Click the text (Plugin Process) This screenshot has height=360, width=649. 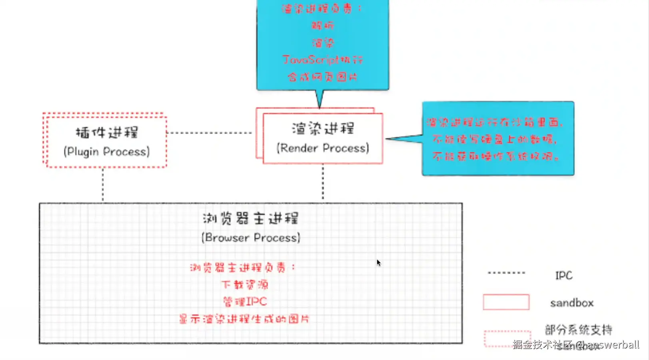click(x=106, y=152)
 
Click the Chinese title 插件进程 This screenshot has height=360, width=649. click(x=107, y=132)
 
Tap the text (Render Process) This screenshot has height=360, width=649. click(x=323, y=148)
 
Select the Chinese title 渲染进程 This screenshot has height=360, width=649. click(x=323, y=128)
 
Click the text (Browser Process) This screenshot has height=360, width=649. click(x=251, y=238)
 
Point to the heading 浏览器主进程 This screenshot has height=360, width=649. click(x=251, y=218)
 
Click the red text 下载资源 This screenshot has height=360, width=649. click(x=245, y=284)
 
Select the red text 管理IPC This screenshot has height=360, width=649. click(x=245, y=301)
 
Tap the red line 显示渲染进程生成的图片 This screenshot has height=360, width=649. click(x=244, y=319)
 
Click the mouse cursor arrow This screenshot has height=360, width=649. click(x=378, y=262)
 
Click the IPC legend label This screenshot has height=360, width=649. click(x=563, y=275)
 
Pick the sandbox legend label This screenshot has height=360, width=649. click(x=571, y=303)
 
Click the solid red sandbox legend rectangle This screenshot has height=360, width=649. click(x=506, y=302)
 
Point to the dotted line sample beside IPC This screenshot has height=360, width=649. click(x=506, y=273)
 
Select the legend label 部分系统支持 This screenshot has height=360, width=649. click(x=578, y=330)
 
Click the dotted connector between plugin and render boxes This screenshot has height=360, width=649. click(x=209, y=133)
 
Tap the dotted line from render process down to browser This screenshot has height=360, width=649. click(x=323, y=182)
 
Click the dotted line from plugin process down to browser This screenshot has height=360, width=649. click(x=103, y=184)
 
